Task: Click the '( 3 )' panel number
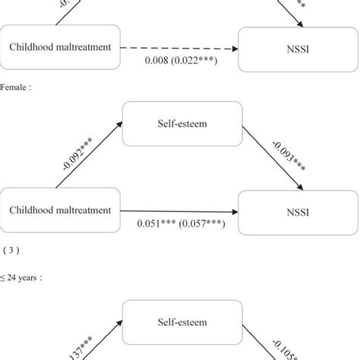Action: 13,248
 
